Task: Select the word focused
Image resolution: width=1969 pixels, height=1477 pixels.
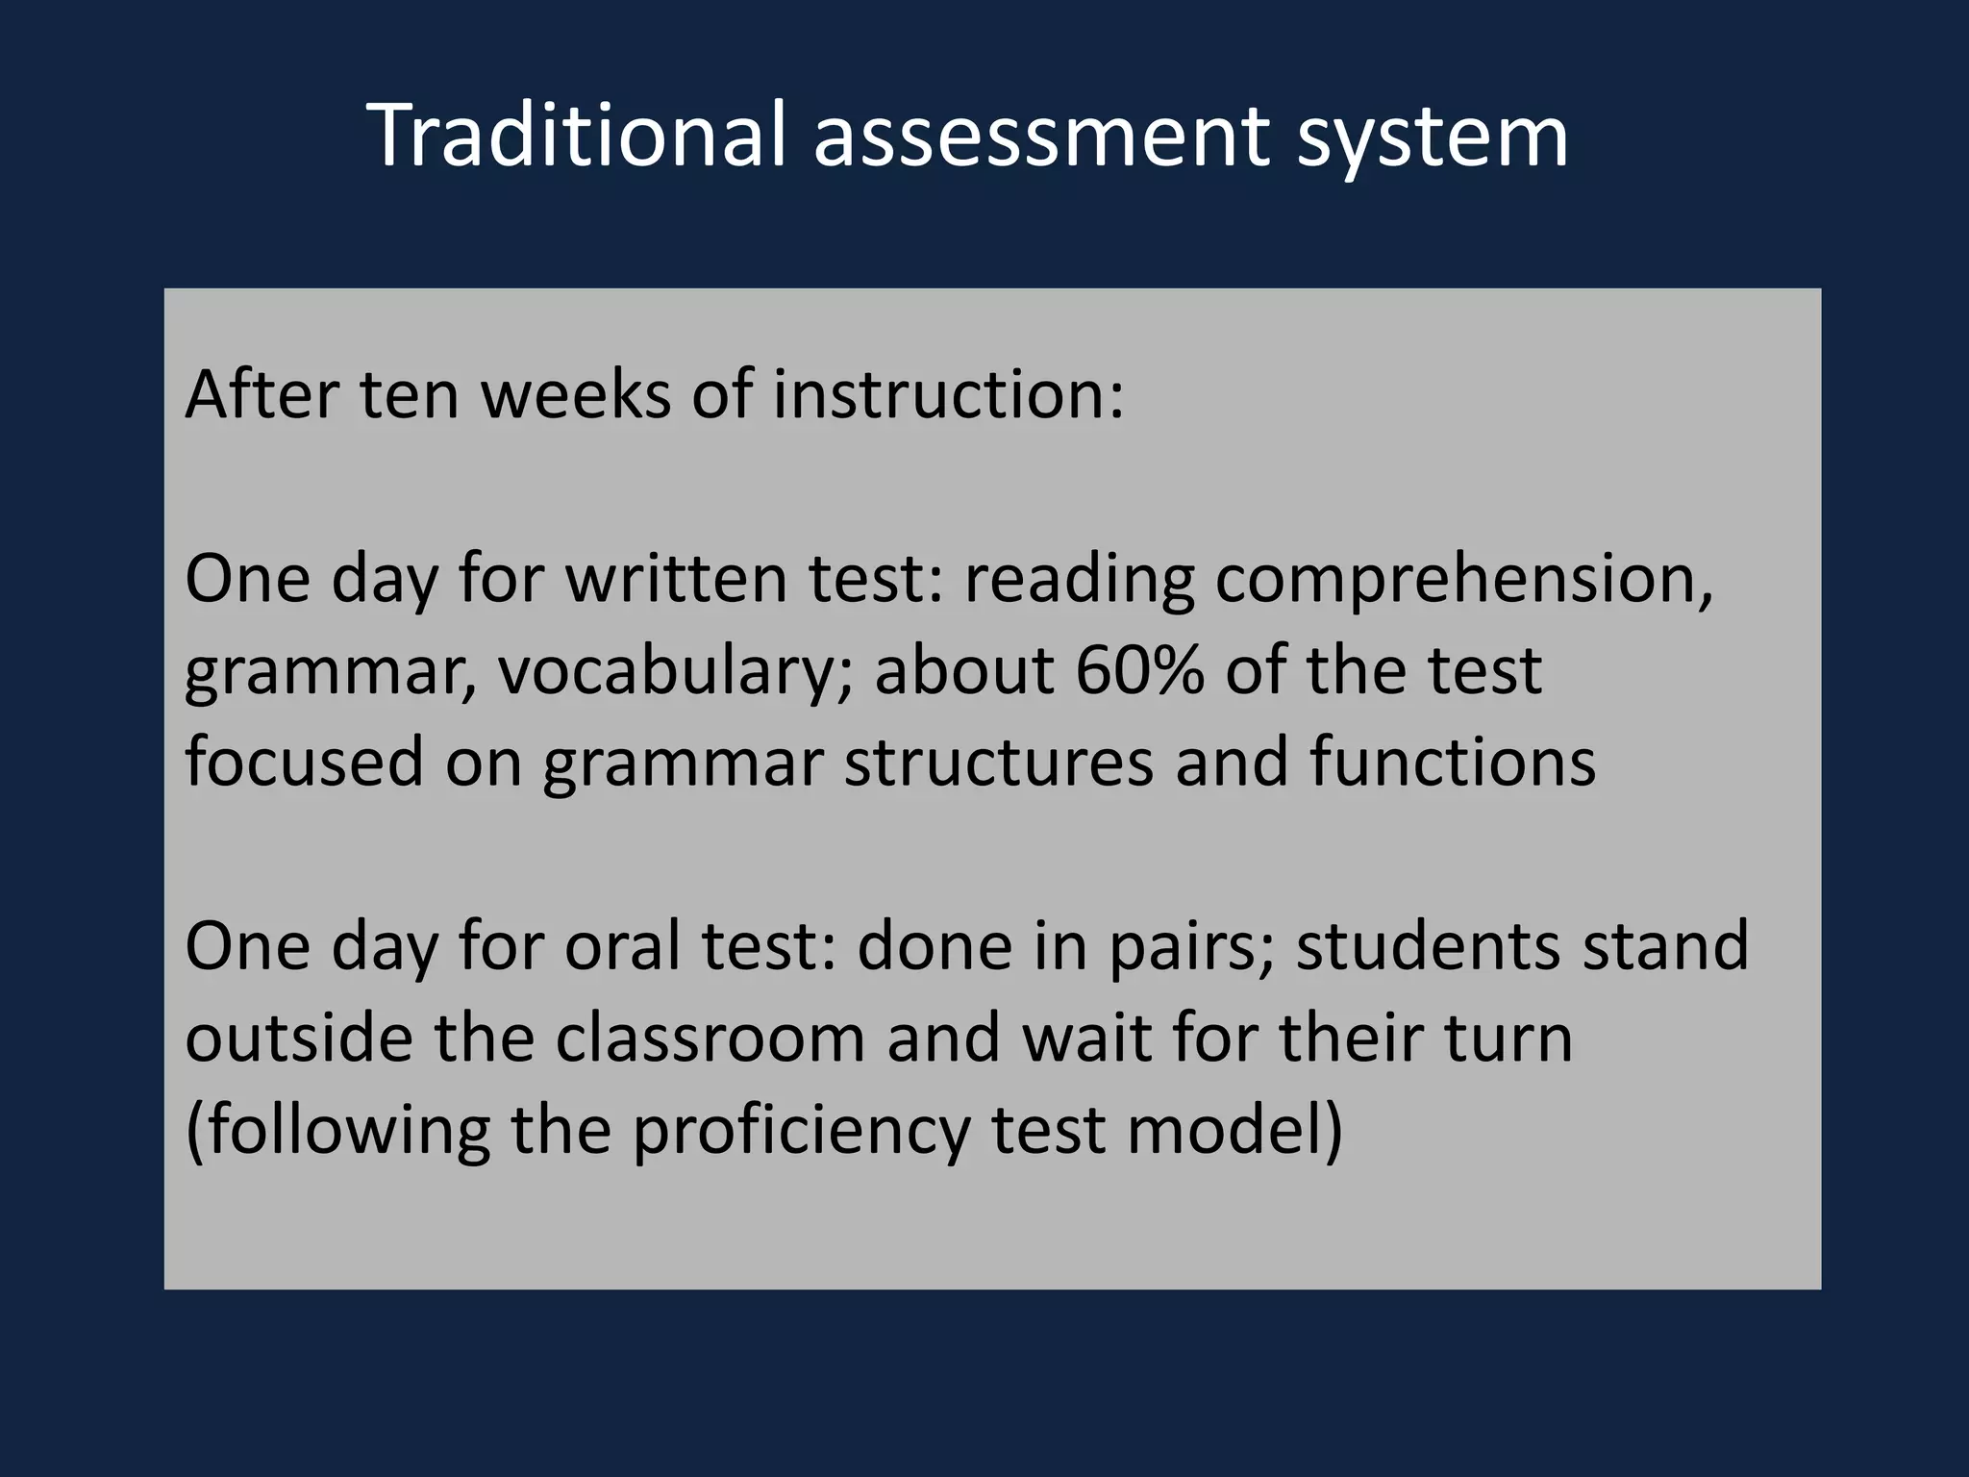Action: (304, 762)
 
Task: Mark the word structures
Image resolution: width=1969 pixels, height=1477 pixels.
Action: (999, 762)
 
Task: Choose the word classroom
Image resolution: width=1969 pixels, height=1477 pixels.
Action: (710, 1039)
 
